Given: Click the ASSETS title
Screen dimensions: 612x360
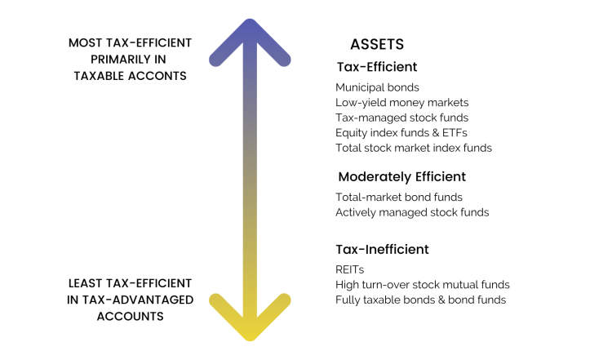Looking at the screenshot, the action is point(377,44).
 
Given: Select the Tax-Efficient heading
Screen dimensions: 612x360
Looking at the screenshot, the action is point(377,67).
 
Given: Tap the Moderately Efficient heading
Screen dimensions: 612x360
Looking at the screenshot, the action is point(402,177).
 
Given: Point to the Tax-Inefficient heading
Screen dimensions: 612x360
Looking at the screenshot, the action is point(382,249).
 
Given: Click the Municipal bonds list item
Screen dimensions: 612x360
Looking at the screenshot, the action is point(377,87).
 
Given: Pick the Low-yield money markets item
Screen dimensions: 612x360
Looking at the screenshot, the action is point(402,103).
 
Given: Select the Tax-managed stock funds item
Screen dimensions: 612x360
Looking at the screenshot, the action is point(402,118).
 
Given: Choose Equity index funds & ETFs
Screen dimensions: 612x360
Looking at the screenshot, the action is point(401,133).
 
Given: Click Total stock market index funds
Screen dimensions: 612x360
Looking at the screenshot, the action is point(414,148).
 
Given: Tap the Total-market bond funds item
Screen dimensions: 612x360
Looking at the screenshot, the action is point(399,198).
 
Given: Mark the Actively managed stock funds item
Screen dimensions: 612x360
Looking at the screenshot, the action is point(412,212).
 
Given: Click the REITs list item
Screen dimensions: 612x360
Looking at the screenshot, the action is point(350,269).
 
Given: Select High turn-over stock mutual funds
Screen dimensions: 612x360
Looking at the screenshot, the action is point(423,285).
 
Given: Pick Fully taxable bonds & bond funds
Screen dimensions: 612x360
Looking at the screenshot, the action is point(421,300).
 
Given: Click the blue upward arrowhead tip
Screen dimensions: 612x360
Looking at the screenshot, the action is point(250,20).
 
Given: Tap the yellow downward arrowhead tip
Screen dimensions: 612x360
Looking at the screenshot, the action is point(250,339).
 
